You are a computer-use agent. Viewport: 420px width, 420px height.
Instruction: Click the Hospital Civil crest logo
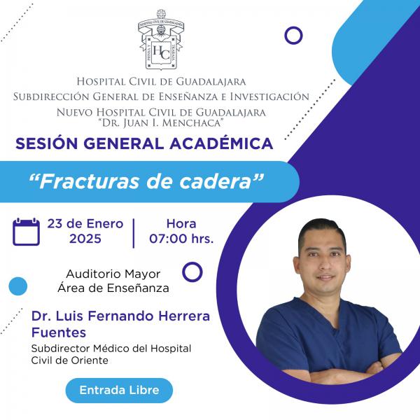point(161,39)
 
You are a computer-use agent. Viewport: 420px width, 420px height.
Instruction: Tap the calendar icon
point(27,232)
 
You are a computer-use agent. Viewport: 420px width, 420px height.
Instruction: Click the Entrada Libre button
point(119,391)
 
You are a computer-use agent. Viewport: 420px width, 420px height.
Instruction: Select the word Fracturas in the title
point(90,181)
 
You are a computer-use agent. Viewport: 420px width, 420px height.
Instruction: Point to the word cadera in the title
point(214,181)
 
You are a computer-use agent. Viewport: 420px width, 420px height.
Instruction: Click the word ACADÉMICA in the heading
point(221,143)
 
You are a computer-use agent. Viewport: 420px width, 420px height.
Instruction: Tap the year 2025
point(85,239)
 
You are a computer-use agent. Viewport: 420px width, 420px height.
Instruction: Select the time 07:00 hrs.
point(181,239)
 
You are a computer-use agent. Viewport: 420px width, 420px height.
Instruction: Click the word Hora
point(181,224)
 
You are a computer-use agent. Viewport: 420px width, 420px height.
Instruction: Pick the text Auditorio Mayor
point(113,274)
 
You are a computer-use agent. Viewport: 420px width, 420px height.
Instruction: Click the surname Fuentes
point(59,332)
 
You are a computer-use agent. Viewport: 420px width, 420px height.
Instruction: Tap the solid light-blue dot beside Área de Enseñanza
point(18,286)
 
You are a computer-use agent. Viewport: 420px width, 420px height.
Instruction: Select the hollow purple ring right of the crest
point(293,27)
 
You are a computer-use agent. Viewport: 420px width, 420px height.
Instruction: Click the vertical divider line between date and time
point(134,233)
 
